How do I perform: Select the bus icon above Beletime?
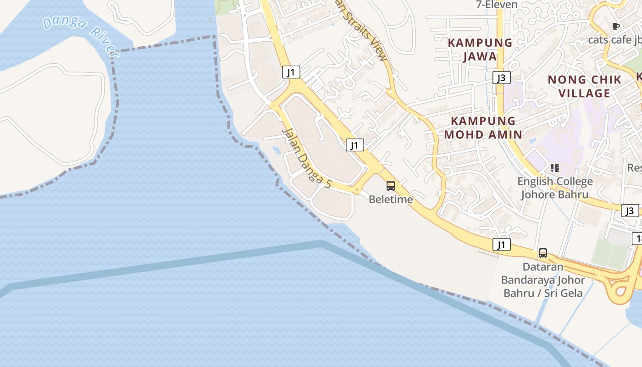(x=391, y=186)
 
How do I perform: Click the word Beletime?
(x=391, y=200)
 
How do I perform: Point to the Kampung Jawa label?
(x=480, y=50)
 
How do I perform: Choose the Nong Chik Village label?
(x=585, y=86)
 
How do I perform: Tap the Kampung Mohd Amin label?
(x=483, y=128)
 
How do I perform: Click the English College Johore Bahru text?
(x=555, y=188)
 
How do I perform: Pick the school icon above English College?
(x=555, y=168)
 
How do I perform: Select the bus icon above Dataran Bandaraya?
(x=543, y=253)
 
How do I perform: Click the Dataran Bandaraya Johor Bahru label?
(x=543, y=280)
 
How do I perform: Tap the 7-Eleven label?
(x=497, y=5)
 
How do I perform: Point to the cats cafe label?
(x=614, y=40)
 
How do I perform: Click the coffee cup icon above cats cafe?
(x=615, y=26)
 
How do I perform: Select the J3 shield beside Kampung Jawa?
(x=502, y=78)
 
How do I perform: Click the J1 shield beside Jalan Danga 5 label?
(x=354, y=145)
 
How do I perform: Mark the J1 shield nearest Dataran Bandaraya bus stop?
(x=502, y=245)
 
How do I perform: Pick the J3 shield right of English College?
(x=630, y=211)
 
